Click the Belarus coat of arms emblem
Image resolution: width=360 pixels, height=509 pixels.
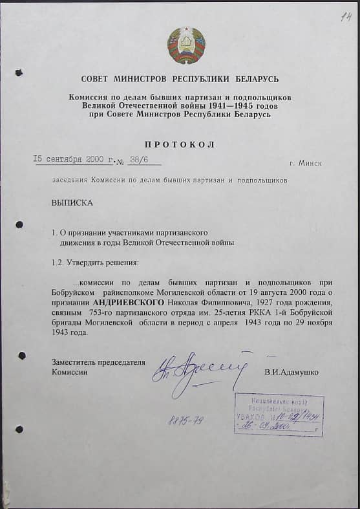[x=186, y=46]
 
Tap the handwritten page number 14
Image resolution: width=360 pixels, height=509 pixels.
[x=346, y=18]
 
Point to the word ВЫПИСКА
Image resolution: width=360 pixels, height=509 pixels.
[x=72, y=202]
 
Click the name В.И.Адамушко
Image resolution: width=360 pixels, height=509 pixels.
[x=291, y=373]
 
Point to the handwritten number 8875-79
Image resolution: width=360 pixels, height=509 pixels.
[x=185, y=420]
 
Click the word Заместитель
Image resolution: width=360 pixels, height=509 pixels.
[x=76, y=362]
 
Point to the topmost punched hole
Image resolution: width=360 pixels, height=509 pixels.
[x=19, y=73]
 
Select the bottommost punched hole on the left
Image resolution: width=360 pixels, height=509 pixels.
[x=19, y=429]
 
